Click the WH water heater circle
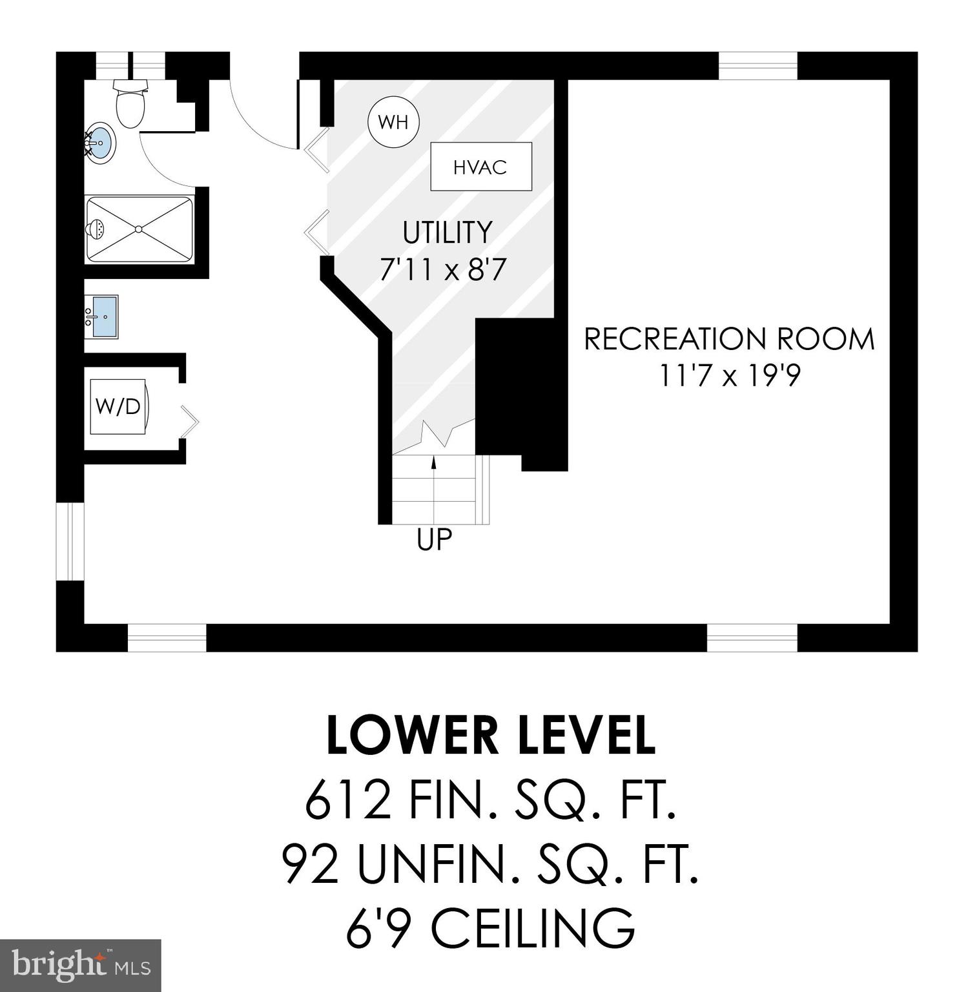[x=393, y=121]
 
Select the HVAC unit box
[x=481, y=167]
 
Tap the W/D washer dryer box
[x=118, y=406]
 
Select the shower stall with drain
[x=139, y=229]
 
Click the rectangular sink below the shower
[x=104, y=316]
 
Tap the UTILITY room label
[x=447, y=232]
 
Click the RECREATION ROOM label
[x=729, y=339]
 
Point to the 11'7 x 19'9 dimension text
[x=729, y=375]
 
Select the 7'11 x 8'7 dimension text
[x=442, y=269]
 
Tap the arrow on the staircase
[x=433, y=462]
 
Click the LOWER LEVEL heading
[x=491, y=736]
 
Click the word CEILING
[x=533, y=929]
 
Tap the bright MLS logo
[x=80, y=965]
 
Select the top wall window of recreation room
[x=757, y=65]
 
